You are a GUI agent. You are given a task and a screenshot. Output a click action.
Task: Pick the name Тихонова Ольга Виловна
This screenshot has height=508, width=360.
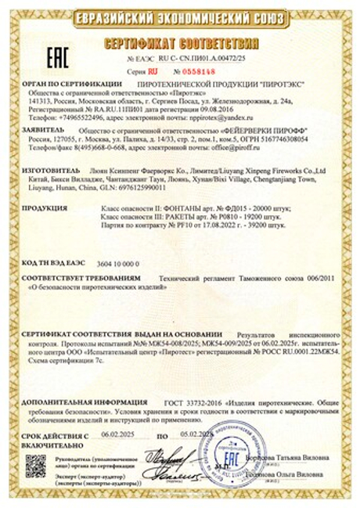284,474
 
